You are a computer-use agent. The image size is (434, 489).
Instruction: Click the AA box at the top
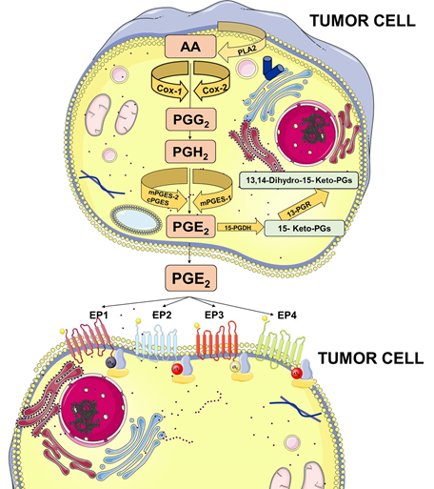coord(190,47)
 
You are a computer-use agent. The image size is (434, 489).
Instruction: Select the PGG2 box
coord(190,120)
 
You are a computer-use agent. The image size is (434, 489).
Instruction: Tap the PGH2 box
coord(190,152)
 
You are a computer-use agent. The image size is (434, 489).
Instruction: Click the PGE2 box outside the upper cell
coord(190,278)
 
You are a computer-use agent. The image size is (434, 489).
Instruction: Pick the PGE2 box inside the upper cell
coord(190,226)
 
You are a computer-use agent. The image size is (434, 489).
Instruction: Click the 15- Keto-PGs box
coord(305,228)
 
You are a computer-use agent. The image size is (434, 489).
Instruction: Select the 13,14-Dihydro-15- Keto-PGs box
coord(299,180)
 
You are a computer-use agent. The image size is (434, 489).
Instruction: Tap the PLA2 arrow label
coord(247,51)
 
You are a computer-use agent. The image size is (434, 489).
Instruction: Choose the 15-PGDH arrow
coord(240,228)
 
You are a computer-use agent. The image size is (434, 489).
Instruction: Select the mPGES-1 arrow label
coord(212,201)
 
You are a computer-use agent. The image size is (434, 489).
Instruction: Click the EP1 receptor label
coord(98,315)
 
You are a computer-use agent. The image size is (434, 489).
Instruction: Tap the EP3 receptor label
coord(214,315)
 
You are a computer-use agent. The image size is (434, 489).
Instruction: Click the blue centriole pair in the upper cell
coord(271,68)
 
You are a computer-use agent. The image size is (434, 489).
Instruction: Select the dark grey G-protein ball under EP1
coord(110,362)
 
